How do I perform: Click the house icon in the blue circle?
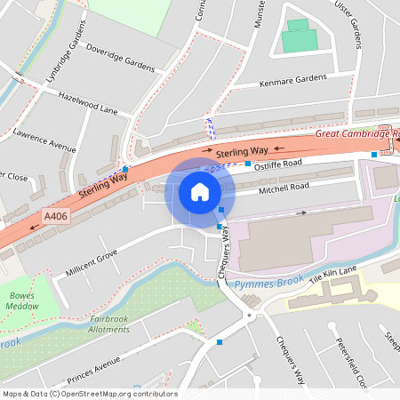(199, 191)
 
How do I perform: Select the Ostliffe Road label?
(278, 164)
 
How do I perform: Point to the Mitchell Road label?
(284, 188)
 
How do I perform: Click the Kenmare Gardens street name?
(293, 79)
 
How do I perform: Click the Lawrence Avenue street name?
(44, 138)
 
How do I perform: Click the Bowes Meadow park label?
(24, 300)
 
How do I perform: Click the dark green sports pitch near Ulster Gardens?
(299, 39)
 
